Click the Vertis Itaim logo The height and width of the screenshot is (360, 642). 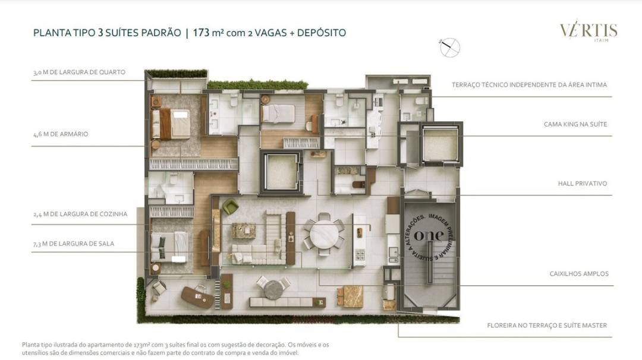pyautogui.click(x=588, y=31)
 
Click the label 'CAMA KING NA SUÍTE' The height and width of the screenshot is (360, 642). pyautogui.click(x=575, y=125)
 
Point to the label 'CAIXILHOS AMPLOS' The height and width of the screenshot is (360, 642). pyautogui.click(x=578, y=274)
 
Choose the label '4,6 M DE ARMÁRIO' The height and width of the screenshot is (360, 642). pyautogui.click(x=61, y=134)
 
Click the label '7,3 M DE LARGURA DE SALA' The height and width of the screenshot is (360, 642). pyautogui.click(x=74, y=244)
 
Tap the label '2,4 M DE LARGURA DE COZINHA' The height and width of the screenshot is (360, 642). pyautogui.click(x=80, y=214)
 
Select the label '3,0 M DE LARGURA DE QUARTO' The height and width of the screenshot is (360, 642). pyautogui.click(x=79, y=72)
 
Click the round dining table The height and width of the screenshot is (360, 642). pyautogui.click(x=323, y=234)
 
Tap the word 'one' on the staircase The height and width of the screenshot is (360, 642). pyautogui.click(x=429, y=235)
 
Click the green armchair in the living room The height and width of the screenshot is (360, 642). pyautogui.click(x=231, y=207)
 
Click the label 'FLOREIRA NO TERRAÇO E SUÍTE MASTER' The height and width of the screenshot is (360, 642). pyautogui.click(x=546, y=325)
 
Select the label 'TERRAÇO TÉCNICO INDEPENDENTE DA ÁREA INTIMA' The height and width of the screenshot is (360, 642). pyautogui.click(x=529, y=85)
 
